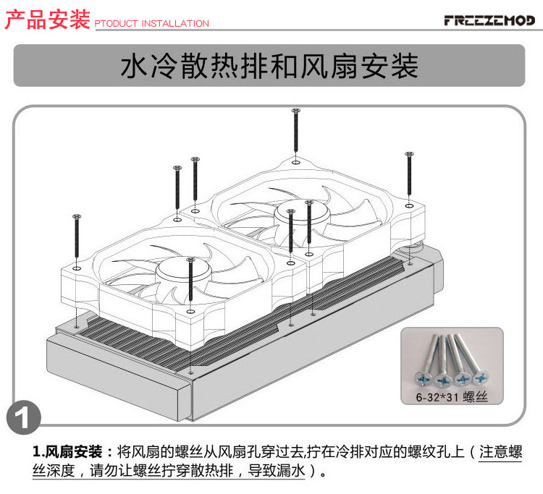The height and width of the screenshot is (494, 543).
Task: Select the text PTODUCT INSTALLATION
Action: click(152, 24)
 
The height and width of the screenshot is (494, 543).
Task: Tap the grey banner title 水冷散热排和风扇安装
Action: click(269, 66)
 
